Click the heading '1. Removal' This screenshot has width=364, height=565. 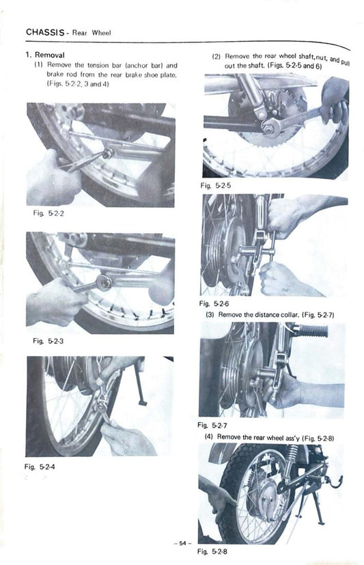tap(46, 54)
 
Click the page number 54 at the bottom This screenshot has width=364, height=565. tap(182, 542)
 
